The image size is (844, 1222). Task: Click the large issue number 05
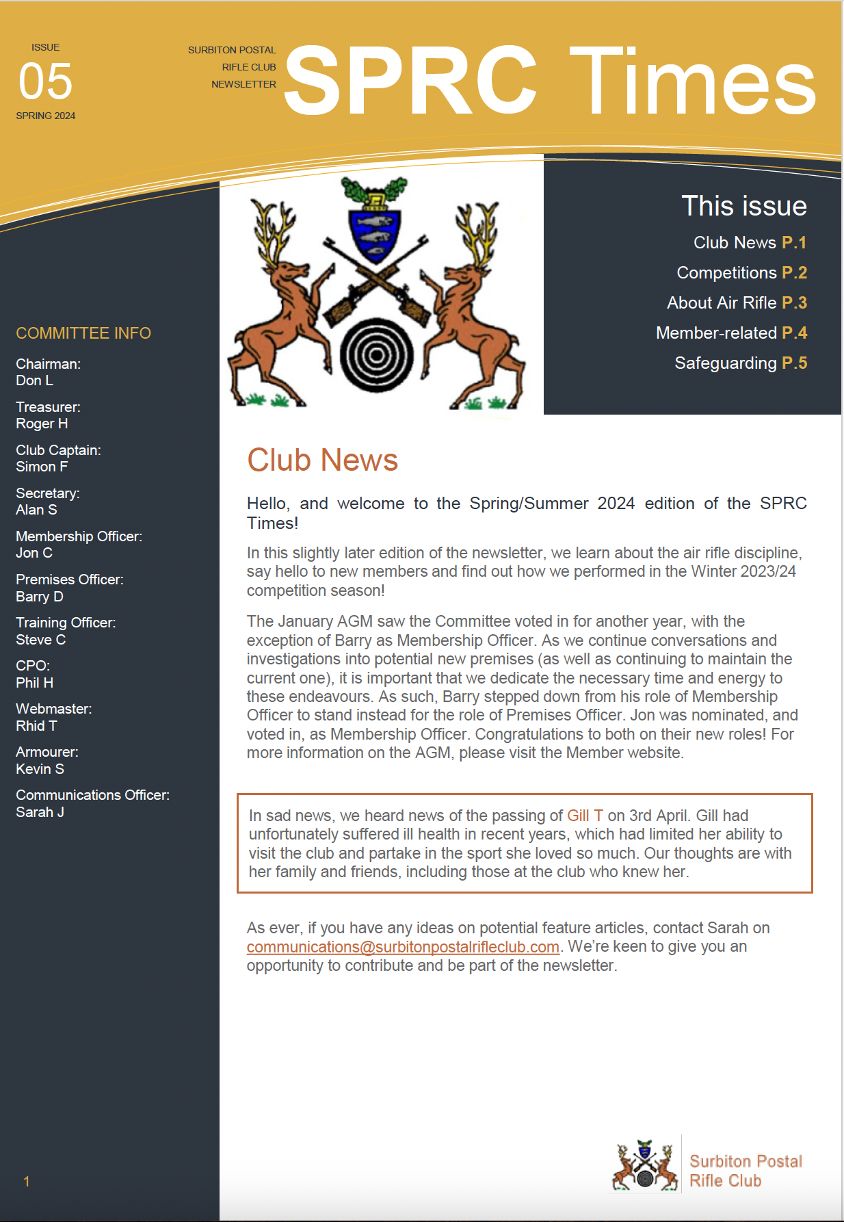coord(45,81)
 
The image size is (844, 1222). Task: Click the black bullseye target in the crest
coord(375,355)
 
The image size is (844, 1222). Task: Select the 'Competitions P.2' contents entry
coord(741,273)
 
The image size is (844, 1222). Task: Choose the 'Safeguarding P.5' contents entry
coord(741,363)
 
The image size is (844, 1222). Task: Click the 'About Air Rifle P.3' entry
coord(737,303)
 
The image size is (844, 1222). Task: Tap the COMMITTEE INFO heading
coord(83,333)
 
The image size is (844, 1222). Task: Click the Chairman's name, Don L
coord(34,380)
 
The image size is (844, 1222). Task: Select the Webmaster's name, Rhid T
coord(36,726)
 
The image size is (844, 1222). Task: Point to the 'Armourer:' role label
coord(47,752)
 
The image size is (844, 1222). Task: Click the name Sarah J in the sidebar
coord(40,812)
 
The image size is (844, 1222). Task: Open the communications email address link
coord(403,947)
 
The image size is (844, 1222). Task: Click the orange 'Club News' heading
coord(322,460)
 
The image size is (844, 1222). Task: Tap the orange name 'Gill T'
coord(585,816)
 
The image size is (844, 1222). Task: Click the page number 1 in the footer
coord(27,1182)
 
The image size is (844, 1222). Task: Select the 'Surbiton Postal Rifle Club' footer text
coord(745,1171)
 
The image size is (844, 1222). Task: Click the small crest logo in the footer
coord(644,1166)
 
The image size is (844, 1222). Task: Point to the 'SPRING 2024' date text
coord(46,116)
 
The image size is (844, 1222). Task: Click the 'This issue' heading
coord(744,206)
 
